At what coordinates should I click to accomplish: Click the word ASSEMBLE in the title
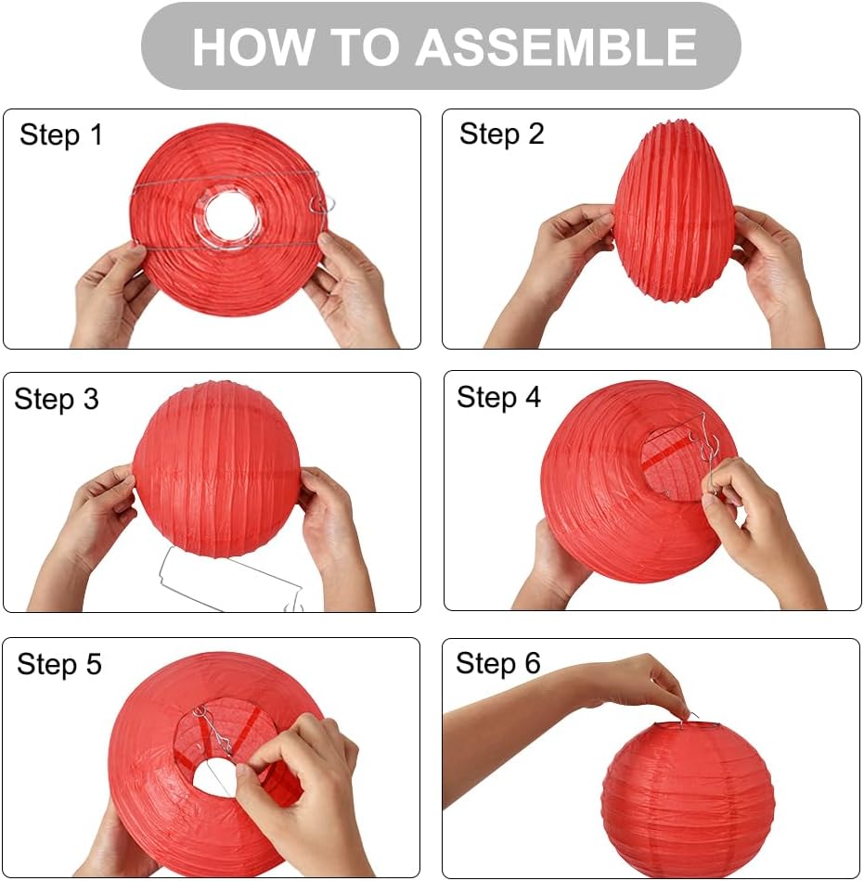pyautogui.click(x=556, y=46)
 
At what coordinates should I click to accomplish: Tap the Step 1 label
pyautogui.click(x=61, y=135)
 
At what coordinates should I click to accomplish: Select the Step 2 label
pyautogui.click(x=501, y=134)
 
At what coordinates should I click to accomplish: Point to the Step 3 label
pyautogui.click(x=57, y=400)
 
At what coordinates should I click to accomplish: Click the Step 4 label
pyautogui.click(x=498, y=398)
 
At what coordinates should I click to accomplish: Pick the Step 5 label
pyautogui.click(x=59, y=665)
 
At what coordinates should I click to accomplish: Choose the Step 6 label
pyautogui.click(x=497, y=663)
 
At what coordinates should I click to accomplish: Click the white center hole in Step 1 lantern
pyautogui.click(x=232, y=216)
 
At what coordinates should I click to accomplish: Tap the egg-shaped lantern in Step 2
pyautogui.click(x=673, y=213)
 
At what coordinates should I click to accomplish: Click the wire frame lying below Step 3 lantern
pyautogui.click(x=232, y=580)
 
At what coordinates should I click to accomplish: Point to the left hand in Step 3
pyautogui.click(x=97, y=519)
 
